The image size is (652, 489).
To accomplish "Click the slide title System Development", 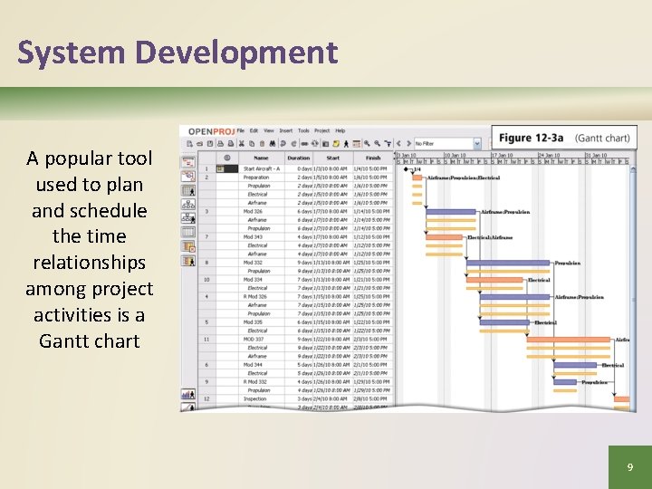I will (177, 53).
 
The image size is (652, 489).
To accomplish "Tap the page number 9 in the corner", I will (629, 467).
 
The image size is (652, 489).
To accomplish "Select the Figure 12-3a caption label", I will (531, 138).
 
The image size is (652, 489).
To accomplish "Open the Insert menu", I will (285, 131).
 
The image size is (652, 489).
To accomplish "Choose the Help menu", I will (340, 131).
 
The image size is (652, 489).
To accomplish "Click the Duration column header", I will (298, 158).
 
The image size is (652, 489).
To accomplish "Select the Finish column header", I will (373, 158).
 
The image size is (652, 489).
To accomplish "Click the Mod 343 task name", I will (253, 237).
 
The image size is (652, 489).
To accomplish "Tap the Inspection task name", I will (254, 398).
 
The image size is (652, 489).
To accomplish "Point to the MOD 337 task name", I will (254, 340).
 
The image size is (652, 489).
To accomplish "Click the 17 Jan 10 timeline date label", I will (503, 155).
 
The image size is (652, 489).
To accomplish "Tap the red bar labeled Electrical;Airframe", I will (443, 237).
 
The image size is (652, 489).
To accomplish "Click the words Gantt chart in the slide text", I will (90, 340).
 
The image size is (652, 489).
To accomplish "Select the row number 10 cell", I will (206, 280).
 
